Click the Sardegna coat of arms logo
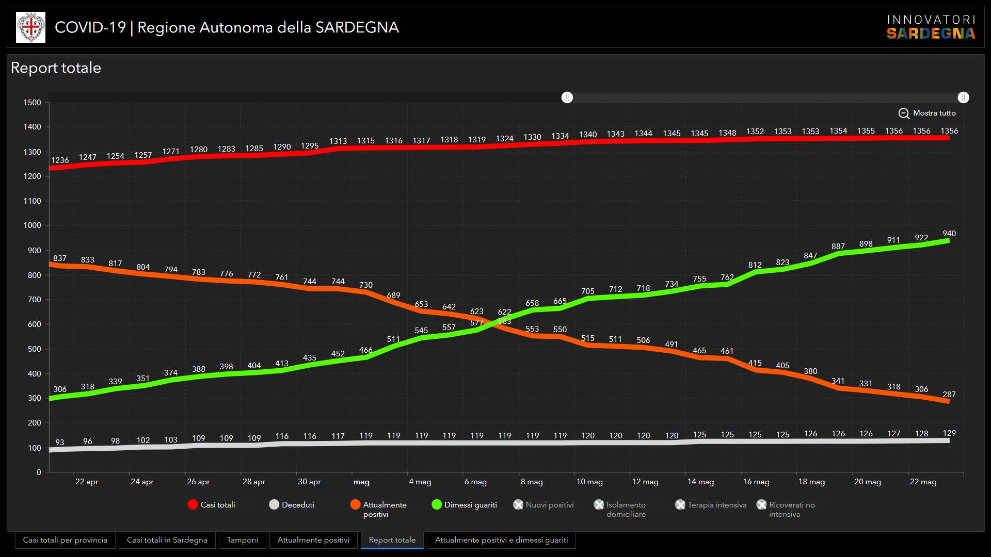(30, 27)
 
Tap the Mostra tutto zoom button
(927, 113)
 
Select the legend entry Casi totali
(212, 504)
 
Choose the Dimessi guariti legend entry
(464, 504)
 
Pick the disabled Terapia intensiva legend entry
(711, 504)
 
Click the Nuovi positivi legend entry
(544, 504)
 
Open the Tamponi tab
(242, 540)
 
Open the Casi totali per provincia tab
(65, 540)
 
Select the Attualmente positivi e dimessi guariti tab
(501, 540)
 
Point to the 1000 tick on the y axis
(32, 225)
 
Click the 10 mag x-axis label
(589, 482)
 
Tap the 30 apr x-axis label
(309, 482)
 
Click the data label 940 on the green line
(949, 234)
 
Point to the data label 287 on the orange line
(949, 395)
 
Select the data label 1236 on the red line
(60, 160)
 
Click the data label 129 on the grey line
(949, 433)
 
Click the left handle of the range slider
(567, 97)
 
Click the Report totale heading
(56, 68)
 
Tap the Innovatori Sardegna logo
(931, 27)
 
